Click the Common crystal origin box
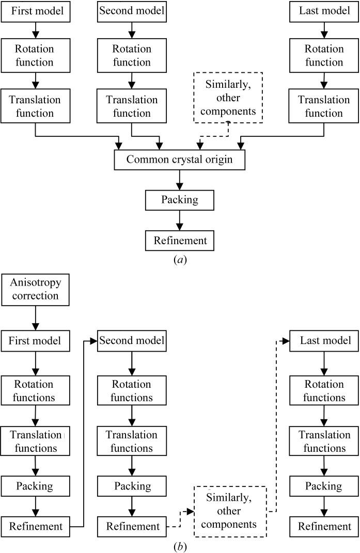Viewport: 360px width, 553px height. click(x=179, y=160)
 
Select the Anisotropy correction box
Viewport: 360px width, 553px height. click(x=35, y=290)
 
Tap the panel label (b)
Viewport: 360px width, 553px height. click(x=179, y=546)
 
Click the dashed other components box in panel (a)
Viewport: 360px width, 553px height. click(x=228, y=98)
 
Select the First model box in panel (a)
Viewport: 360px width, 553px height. click(x=35, y=11)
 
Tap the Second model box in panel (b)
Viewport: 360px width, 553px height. click(x=132, y=341)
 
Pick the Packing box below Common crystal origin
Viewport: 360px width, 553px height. click(x=179, y=200)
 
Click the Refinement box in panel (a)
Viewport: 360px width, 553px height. click(x=179, y=240)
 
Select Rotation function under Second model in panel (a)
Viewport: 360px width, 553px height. click(x=132, y=56)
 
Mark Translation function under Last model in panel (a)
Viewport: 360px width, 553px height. click(x=324, y=106)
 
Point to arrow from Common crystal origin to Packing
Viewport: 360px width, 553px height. click(x=179, y=180)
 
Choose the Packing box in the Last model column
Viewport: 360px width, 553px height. click(x=324, y=486)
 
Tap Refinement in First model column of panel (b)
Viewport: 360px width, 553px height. click(x=35, y=526)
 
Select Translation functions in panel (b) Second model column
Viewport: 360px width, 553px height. click(x=132, y=441)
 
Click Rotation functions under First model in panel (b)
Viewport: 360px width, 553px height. click(x=35, y=391)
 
